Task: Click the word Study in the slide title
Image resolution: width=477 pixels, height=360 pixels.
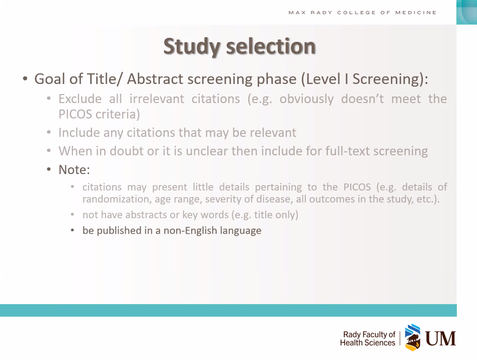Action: (x=192, y=47)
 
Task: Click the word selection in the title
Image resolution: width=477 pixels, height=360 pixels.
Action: (x=271, y=46)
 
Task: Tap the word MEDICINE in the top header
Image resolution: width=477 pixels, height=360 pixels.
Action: (x=416, y=13)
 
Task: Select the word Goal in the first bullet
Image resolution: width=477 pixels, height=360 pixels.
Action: (x=50, y=79)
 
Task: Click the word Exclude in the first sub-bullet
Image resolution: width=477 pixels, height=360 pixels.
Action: (x=80, y=99)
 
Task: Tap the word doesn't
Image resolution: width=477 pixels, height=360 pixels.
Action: (x=362, y=99)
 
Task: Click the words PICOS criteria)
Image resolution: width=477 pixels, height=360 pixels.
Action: (x=99, y=114)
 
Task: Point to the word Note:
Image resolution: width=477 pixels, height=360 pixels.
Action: (x=74, y=169)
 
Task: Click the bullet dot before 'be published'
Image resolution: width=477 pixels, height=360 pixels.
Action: (x=72, y=230)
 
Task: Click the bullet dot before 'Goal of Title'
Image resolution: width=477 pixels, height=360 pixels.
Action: (x=25, y=79)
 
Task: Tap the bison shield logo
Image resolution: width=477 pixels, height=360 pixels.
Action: (x=413, y=337)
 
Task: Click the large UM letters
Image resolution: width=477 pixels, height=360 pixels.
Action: (x=440, y=338)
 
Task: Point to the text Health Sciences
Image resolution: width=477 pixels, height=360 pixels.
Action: (x=367, y=343)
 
